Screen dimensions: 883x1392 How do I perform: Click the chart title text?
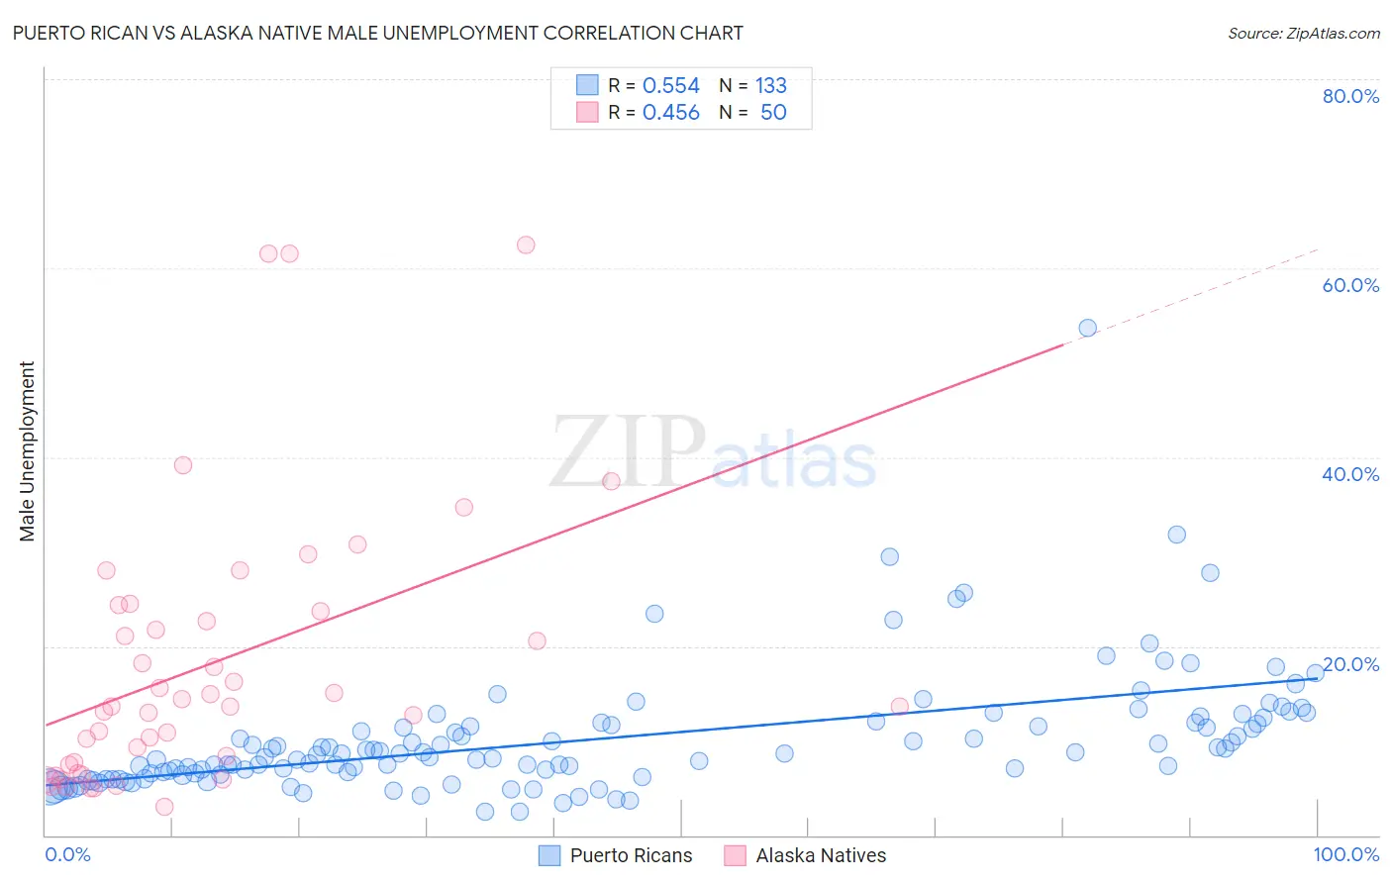pos(377,33)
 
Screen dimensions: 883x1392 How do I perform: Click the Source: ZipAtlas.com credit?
pos(1303,33)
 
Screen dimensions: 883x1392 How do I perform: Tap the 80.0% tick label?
pos(1350,96)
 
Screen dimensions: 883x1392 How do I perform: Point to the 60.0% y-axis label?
pos(1350,285)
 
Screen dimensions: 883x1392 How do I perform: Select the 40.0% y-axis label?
pos(1350,474)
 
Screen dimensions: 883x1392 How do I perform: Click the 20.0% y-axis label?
pos(1350,664)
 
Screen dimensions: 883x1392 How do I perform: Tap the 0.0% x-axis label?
pos(67,854)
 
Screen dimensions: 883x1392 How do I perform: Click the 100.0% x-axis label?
pos(1345,854)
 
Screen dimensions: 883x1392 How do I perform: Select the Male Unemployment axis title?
pos(27,451)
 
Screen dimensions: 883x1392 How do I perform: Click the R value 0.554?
pos(670,86)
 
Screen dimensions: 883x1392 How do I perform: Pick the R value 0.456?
pos(670,113)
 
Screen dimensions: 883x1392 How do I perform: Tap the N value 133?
pos(770,86)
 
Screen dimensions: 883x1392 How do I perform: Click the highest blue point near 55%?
pos(1087,328)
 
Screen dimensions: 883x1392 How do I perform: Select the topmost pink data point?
pos(526,245)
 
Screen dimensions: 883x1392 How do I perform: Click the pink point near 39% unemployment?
pos(182,465)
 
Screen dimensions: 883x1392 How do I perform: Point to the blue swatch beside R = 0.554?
pos(587,85)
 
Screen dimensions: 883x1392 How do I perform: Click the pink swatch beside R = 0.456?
pos(587,112)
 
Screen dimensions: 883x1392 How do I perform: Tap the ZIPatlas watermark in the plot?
pos(713,452)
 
